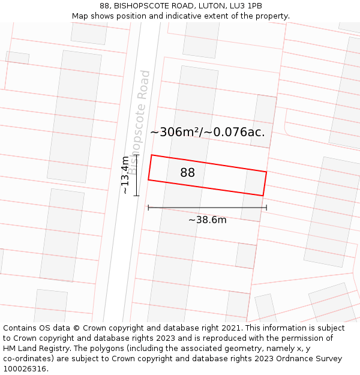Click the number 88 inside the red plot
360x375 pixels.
[187, 173]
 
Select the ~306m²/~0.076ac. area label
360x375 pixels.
[207, 132]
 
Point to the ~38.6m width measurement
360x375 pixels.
[207, 220]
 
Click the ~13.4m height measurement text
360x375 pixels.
[125, 175]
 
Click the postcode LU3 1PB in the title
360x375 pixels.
[247, 6]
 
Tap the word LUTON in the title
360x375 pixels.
[211, 6]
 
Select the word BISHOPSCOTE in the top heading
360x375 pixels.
[140, 6]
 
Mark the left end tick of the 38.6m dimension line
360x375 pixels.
[148, 208]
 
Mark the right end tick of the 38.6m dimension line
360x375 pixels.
[266, 208]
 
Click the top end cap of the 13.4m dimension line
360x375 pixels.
[137, 155]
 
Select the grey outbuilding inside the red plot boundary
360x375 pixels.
[254, 182]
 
